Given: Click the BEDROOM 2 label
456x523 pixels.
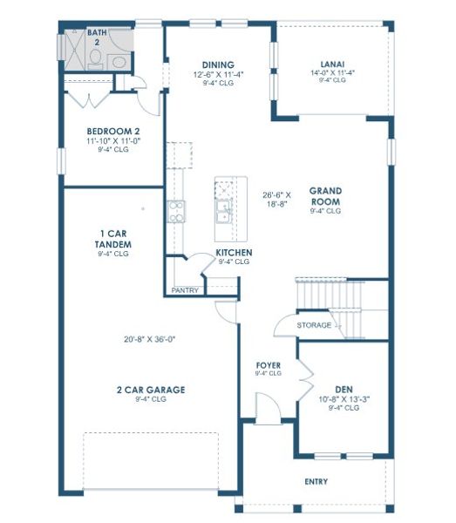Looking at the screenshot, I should tap(113, 131).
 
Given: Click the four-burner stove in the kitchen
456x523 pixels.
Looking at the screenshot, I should tap(176, 210).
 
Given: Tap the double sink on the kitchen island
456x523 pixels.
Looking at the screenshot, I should tap(224, 210).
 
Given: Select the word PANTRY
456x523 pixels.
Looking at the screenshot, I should tap(185, 290).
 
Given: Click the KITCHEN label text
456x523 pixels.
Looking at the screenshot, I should tap(234, 253).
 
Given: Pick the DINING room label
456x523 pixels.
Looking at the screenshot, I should tap(218, 65).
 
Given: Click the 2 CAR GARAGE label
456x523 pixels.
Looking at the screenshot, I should tap(152, 390).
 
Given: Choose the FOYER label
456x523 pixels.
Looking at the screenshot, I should tap(268, 364).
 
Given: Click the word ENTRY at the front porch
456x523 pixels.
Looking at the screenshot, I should tap(316, 481).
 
